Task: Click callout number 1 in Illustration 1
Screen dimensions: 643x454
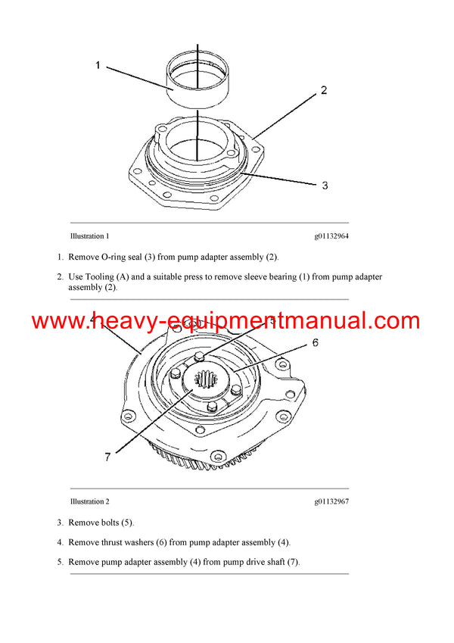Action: click(x=98, y=65)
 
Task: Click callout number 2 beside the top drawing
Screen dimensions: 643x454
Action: click(x=324, y=90)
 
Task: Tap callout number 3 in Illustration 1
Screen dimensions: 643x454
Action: click(x=324, y=185)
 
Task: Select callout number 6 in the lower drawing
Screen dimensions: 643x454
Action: click(x=315, y=342)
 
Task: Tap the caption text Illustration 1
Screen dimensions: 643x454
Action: click(x=89, y=236)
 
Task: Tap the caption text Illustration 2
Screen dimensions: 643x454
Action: click(x=89, y=501)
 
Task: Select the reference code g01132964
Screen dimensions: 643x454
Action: click(x=331, y=236)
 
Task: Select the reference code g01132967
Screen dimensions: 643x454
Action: click(x=331, y=501)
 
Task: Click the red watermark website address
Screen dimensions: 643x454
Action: click(x=226, y=321)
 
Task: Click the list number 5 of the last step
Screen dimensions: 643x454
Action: click(x=60, y=562)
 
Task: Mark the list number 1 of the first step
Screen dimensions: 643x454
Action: click(x=60, y=257)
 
